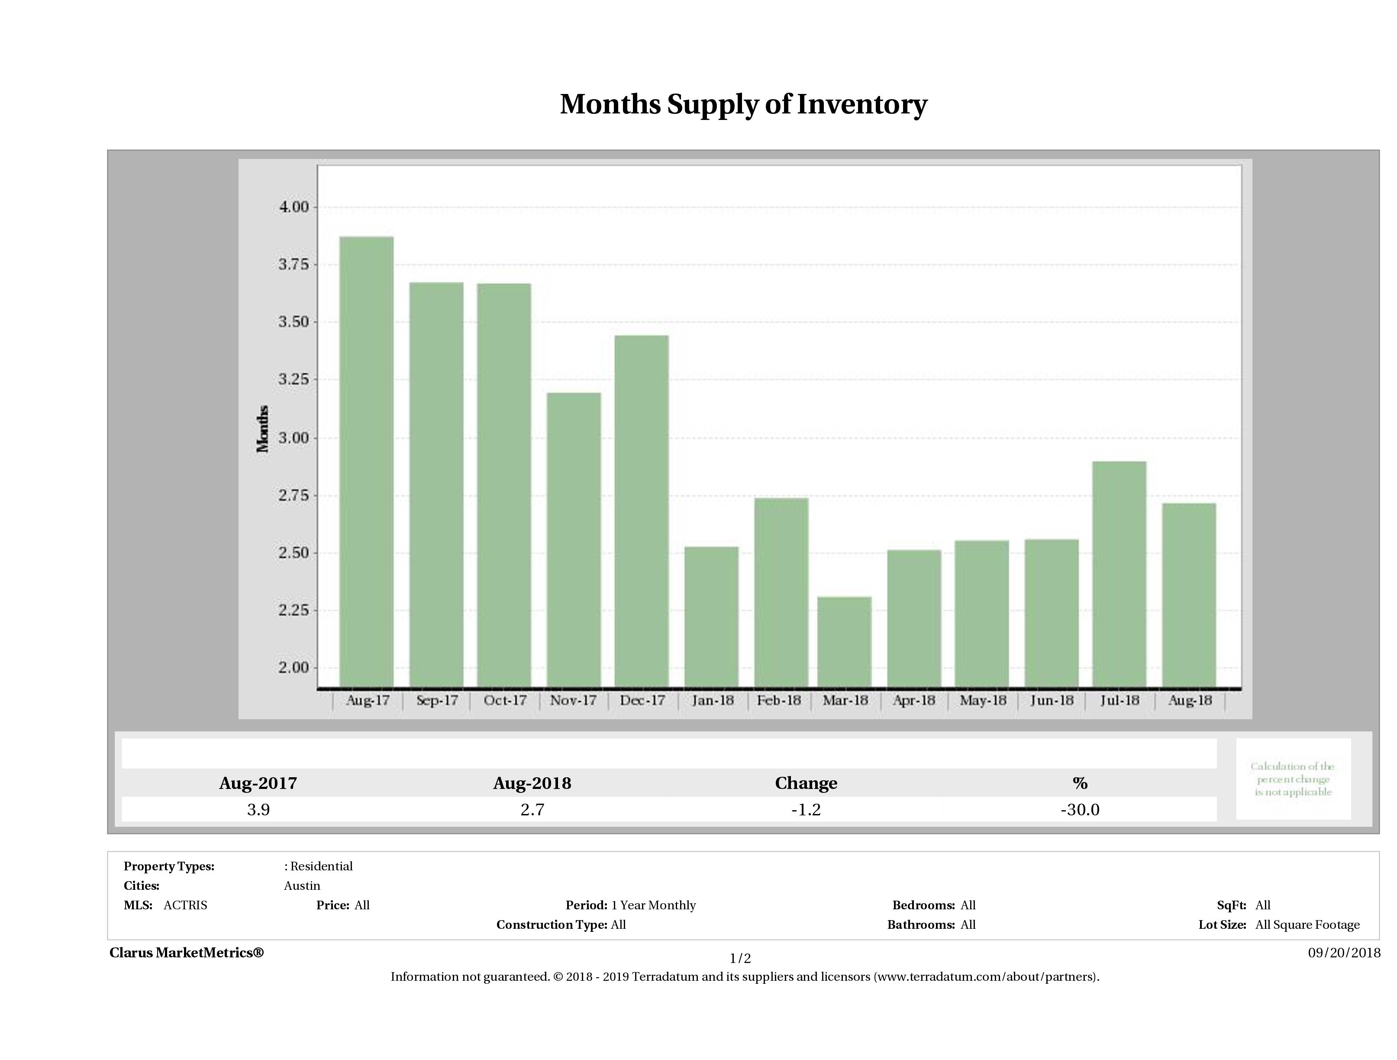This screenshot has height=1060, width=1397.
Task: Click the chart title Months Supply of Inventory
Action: click(743, 105)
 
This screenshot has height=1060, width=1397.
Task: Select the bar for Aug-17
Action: click(366, 461)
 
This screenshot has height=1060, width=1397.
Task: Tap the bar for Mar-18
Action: click(844, 641)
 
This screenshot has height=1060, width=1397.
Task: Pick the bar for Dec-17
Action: click(641, 511)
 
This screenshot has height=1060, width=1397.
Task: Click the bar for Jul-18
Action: click(1119, 574)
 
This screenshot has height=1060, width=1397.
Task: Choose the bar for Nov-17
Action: click(574, 540)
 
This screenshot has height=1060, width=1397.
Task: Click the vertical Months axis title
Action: click(263, 429)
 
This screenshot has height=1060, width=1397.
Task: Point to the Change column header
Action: click(806, 783)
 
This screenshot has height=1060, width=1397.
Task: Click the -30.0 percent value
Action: click(1080, 810)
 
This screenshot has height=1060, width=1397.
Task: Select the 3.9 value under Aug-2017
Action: click(258, 810)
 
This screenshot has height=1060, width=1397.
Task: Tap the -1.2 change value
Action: click(806, 810)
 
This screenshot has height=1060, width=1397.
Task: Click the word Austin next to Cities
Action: click(302, 885)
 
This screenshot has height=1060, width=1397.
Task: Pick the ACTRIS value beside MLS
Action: click(185, 905)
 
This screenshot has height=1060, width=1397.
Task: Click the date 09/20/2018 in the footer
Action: click(1344, 953)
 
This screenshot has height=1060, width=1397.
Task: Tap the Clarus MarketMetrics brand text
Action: click(186, 953)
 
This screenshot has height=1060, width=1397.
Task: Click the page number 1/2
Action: click(740, 958)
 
